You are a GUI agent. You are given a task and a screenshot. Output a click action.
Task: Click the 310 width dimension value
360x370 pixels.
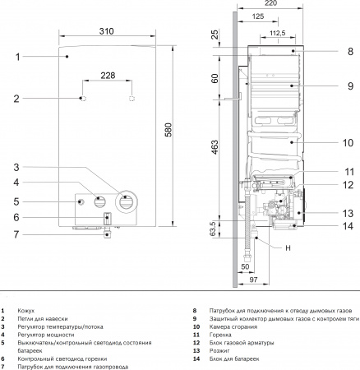[105, 31]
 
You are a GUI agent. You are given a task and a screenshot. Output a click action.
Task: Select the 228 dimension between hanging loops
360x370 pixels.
[108, 76]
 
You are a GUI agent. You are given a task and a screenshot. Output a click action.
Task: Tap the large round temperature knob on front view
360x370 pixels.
[126, 200]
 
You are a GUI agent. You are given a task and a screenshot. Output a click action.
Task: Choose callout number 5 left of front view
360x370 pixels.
[16, 201]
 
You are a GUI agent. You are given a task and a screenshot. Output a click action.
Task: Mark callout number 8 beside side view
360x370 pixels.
[348, 52]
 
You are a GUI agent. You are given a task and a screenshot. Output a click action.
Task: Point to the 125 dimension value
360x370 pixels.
[259, 17]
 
